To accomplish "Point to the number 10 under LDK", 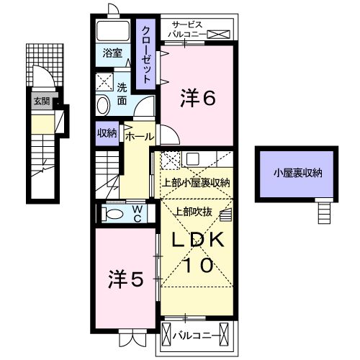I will click(197, 265).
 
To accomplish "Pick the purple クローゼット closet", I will click(146, 55).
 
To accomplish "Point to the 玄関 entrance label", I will click(40, 102).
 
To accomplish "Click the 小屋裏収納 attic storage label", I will click(297, 173).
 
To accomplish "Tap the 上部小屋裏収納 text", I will click(195, 183).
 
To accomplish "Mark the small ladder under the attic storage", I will click(324, 212).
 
